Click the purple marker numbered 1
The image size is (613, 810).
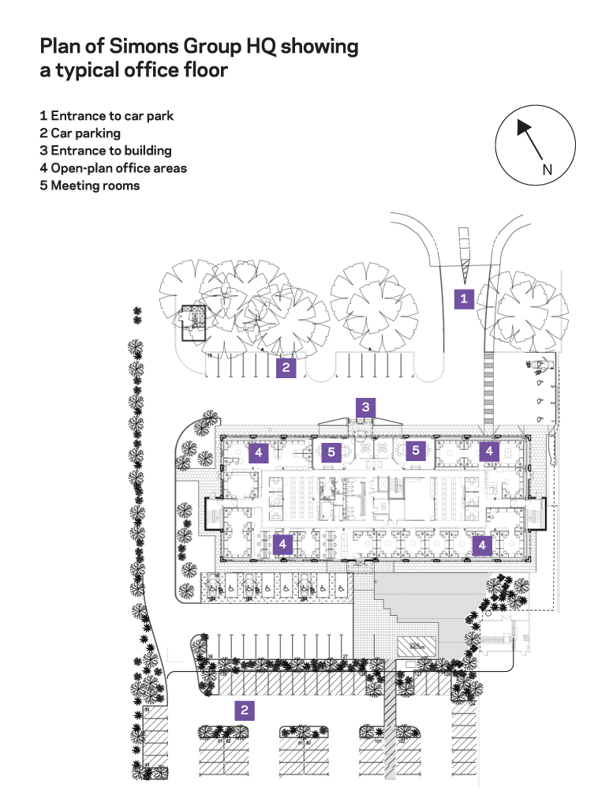pyautogui.click(x=464, y=298)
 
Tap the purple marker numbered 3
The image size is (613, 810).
pyautogui.click(x=365, y=407)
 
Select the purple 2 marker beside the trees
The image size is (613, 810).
pyautogui.click(x=286, y=367)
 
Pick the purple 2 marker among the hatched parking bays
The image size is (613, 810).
pyautogui.click(x=245, y=711)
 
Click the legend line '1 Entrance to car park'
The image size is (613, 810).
pyautogui.click(x=107, y=116)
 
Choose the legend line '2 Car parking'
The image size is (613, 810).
pyautogui.click(x=80, y=133)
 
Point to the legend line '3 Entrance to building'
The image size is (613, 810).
pyautogui.click(x=105, y=151)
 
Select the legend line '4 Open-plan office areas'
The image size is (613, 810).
pyautogui.click(x=113, y=168)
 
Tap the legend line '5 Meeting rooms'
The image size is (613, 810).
pyautogui.click(x=89, y=186)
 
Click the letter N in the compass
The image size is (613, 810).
pyautogui.click(x=547, y=170)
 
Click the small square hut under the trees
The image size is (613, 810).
pyautogui.click(x=192, y=322)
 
